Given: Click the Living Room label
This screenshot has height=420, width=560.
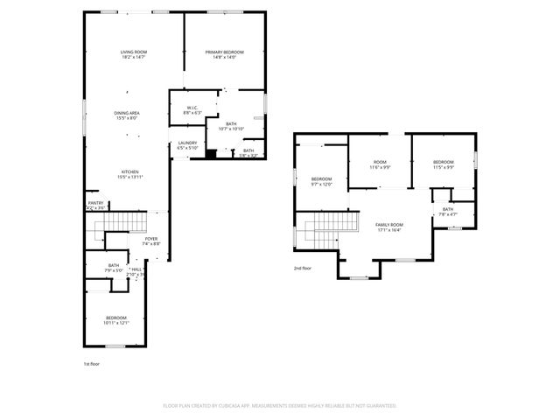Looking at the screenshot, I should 134,55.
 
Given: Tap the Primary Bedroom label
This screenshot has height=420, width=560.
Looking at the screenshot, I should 225,55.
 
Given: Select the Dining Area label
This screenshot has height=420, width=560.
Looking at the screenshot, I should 128,115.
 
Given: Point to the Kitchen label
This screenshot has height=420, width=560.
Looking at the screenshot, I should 129,174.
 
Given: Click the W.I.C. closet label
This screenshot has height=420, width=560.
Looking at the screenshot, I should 192,111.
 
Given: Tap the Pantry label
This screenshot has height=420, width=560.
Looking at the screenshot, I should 95,206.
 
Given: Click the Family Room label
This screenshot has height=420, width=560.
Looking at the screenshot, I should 389,227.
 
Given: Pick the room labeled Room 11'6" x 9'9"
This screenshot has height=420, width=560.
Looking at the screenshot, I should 380,164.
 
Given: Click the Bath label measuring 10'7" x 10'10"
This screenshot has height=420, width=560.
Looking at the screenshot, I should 231,126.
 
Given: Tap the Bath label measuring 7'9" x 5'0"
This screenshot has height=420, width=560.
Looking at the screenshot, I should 114,268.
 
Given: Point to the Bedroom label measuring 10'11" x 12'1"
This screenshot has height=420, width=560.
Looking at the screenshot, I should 117,320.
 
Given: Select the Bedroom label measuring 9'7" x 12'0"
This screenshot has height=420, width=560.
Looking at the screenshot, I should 322,181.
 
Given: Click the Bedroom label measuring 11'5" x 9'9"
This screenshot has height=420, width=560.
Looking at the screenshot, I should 444,164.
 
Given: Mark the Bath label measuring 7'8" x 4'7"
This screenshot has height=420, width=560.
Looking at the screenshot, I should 448,212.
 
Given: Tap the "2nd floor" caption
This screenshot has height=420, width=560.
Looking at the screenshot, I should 303,269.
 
